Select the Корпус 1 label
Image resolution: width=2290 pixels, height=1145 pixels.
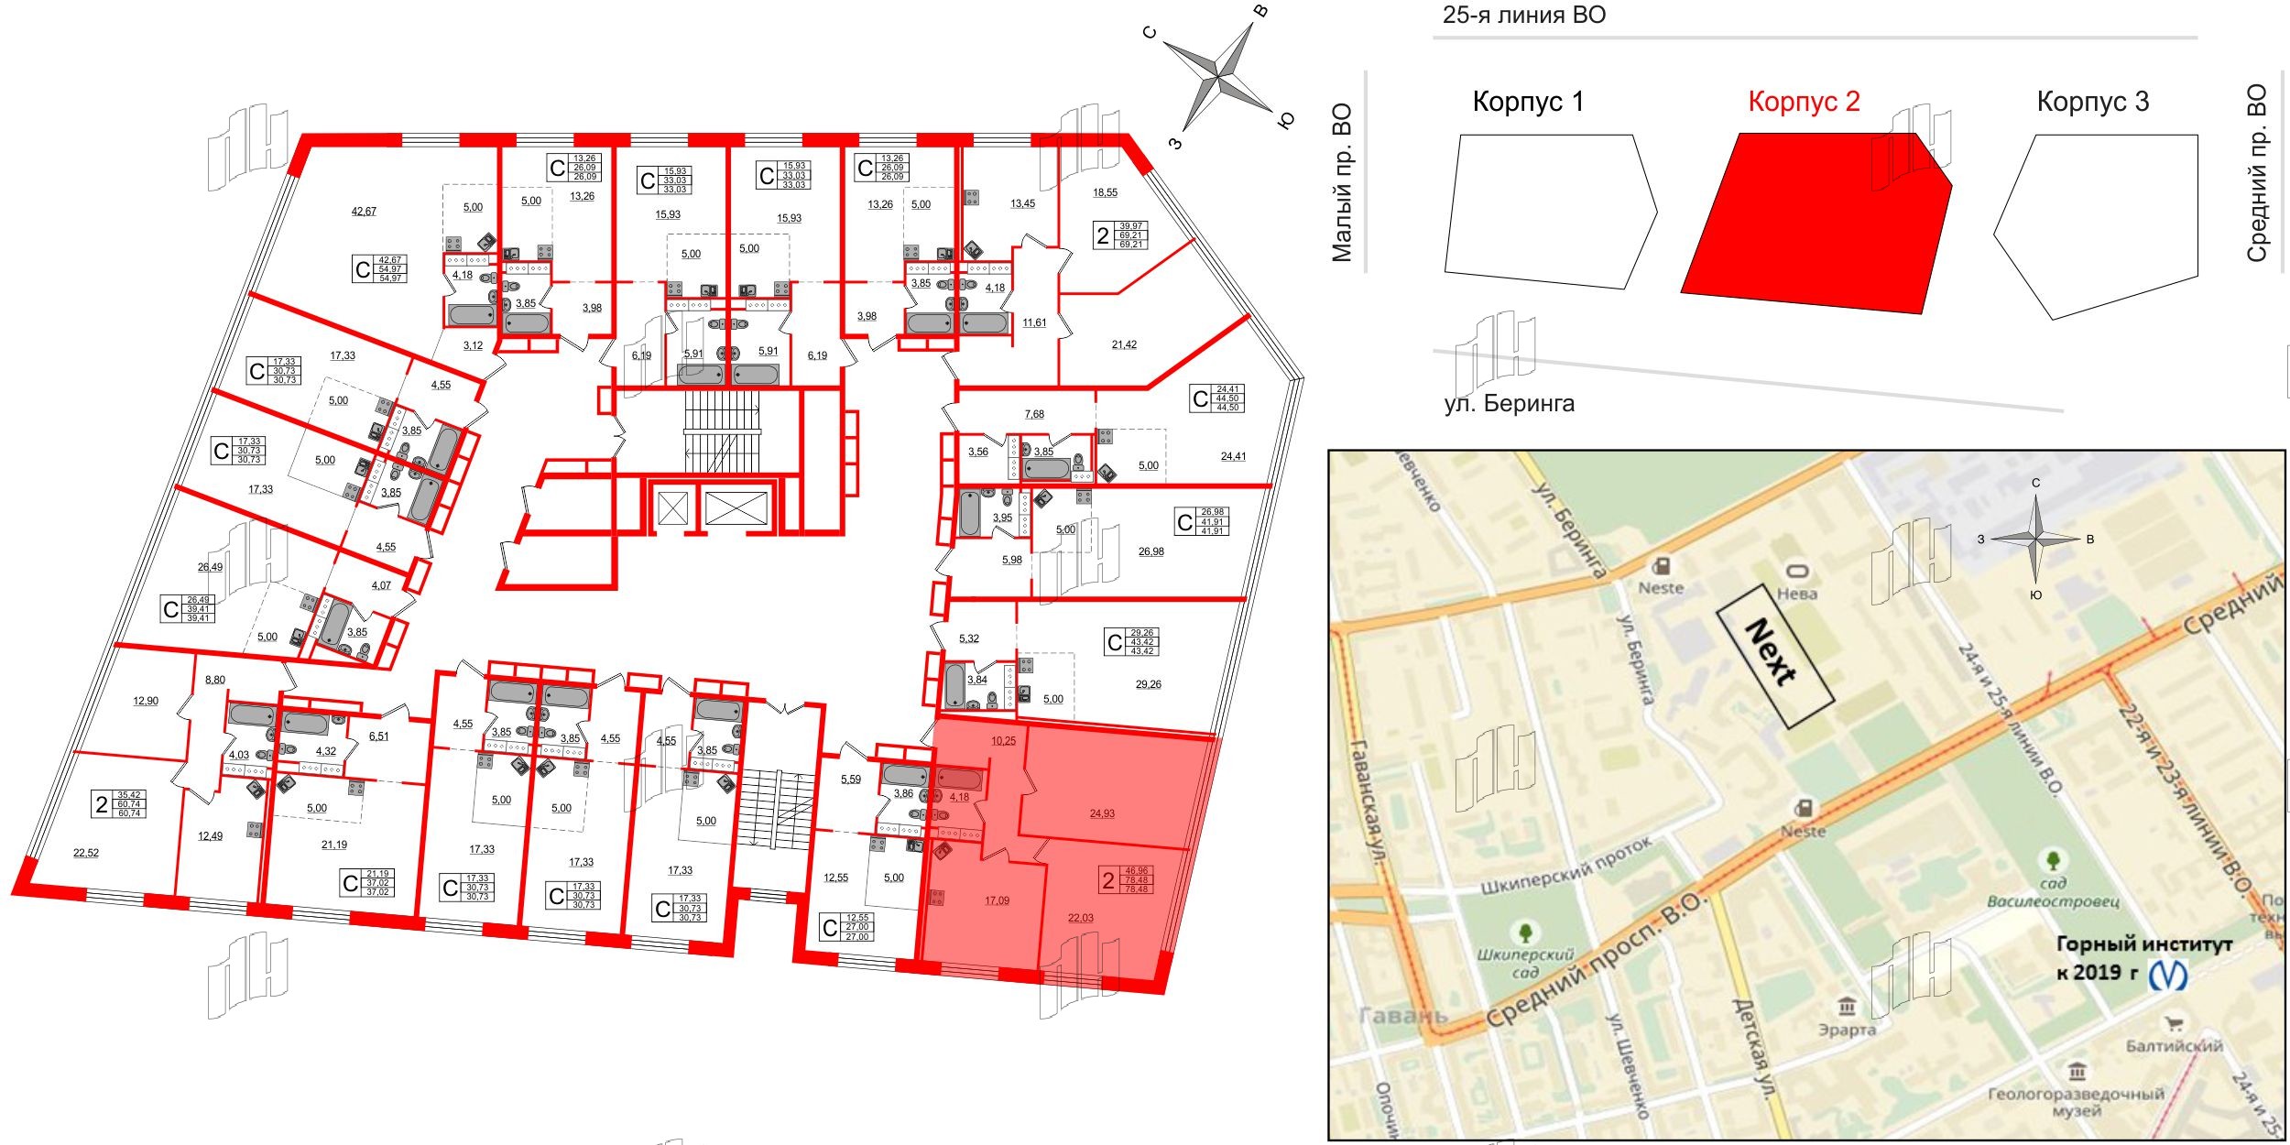click(1527, 102)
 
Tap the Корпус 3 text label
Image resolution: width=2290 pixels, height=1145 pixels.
click(2092, 102)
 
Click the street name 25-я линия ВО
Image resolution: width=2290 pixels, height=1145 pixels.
click(1524, 16)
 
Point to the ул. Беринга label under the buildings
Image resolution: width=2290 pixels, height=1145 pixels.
click(1509, 403)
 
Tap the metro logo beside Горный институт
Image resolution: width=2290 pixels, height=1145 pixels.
click(2168, 975)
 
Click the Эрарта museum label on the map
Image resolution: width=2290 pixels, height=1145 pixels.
click(1847, 1029)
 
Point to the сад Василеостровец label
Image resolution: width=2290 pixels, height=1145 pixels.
click(2053, 892)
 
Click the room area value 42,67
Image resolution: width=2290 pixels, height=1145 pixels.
click(364, 212)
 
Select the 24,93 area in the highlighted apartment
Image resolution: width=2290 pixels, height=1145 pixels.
click(1102, 813)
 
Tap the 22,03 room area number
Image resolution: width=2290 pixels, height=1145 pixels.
click(1080, 917)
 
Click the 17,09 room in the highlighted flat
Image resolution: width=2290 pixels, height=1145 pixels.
click(997, 901)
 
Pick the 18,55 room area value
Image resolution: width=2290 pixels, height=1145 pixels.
click(1105, 193)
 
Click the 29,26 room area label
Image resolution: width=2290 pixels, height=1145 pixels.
click(1148, 684)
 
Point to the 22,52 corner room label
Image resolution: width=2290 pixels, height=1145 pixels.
click(85, 853)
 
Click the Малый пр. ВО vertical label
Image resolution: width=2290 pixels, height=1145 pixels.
click(1341, 183)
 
